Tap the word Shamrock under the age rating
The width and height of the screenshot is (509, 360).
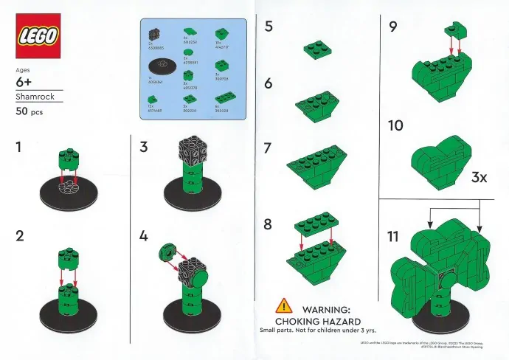click(33, 96)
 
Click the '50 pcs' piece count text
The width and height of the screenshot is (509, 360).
click(30, 112)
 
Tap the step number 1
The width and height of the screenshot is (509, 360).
click(20, 147)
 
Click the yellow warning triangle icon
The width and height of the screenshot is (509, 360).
click(284, 305)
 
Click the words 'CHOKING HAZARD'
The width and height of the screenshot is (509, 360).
click(318, 322)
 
